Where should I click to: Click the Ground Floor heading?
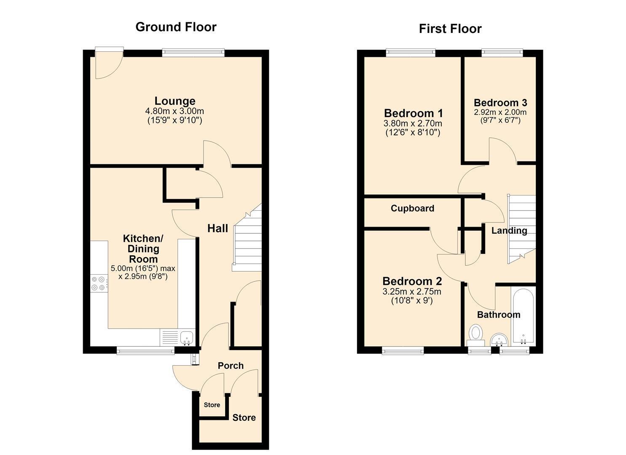(x=176, y=27)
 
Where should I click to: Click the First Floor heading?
(x=450, y=29)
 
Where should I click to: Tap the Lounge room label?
(x=175, y=101)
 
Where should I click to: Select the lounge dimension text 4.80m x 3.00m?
(x=175, y=111)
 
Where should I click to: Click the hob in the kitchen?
(x=99, y=283)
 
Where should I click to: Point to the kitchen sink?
(x=187, y=338)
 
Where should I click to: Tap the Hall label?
(x=218, y=228)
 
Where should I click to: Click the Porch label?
(x=231, y=366)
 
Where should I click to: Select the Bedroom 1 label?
(x=413, y=113)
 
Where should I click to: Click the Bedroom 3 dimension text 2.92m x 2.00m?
(x=500, y=112)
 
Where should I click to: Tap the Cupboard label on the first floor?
(x=412, y=208)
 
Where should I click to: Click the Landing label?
(x=509, y=230)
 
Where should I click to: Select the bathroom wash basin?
(x=499, y=340)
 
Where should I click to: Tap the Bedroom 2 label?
(x=412, y=281)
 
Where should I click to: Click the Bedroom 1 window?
(x=411, y=53)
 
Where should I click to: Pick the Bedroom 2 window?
(x=403, y=351)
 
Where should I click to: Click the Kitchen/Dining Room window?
(x=145, y=351)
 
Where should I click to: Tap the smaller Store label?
(x=212, y=405)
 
